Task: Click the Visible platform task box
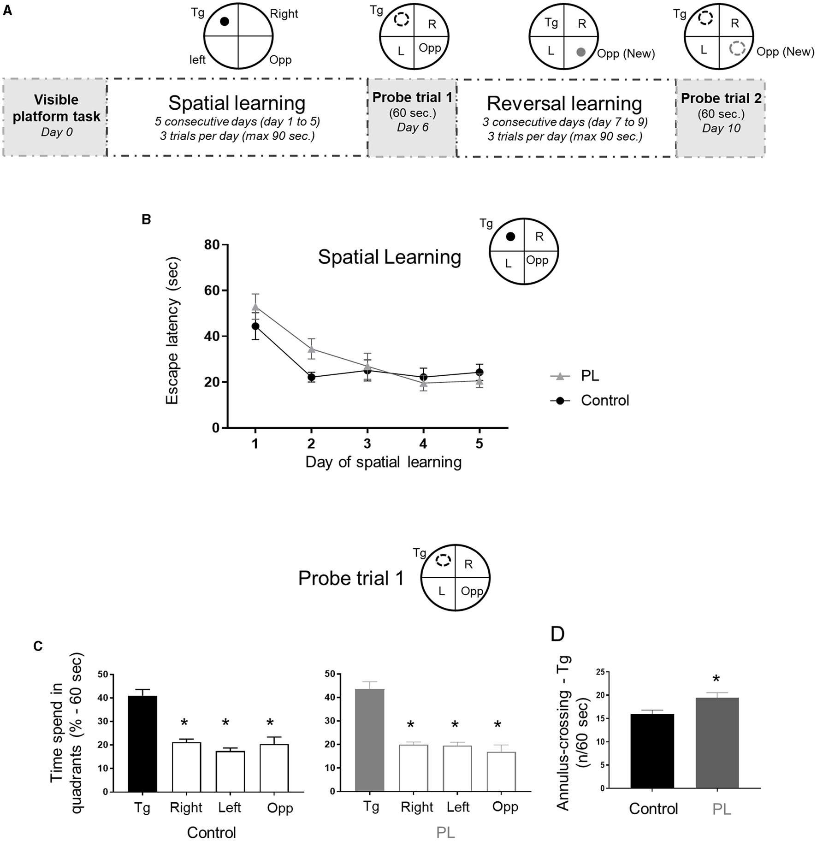(55, 117)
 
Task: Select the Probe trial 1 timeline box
(412, 117)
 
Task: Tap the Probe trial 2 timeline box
(721, 118)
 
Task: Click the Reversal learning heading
(564, 104)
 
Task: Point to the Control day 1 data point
(255, 326)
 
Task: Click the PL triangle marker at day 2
(311, 349)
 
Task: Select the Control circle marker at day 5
(480, 372)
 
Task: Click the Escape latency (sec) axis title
(172, 331)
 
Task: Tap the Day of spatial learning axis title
(383, 462)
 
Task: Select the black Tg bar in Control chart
(142, 744)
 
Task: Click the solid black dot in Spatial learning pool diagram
(225, 22)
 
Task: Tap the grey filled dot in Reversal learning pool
(581, 52)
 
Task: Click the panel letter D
(558, 634)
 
